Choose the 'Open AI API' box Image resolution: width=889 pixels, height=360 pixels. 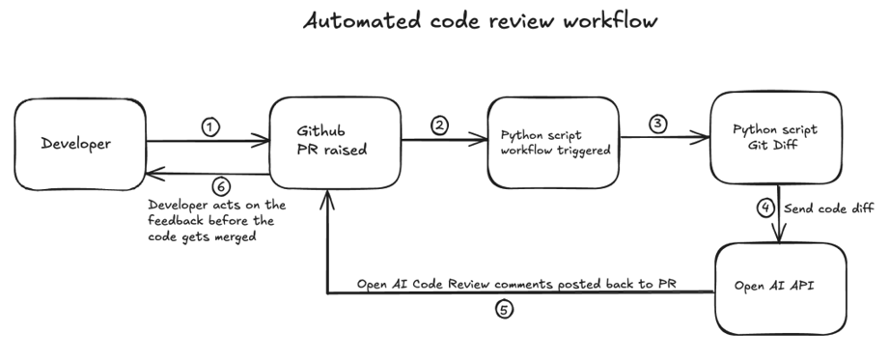[781, 290]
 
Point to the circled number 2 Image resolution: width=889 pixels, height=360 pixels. [439, 126]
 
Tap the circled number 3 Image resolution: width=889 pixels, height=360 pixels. [658, 126]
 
